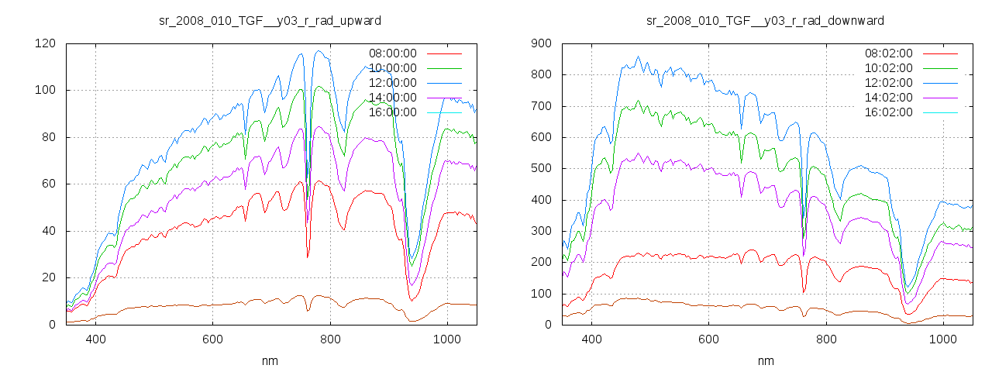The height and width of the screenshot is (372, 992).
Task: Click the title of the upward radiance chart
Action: (269, 20)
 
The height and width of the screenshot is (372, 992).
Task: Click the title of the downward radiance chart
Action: (765, 20)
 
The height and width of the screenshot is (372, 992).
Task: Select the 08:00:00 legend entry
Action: (393, 53)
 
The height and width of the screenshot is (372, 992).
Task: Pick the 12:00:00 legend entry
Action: (393, 83)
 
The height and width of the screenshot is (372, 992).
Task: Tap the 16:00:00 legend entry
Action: (393, 112)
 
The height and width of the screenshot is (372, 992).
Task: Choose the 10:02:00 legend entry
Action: (889, 68)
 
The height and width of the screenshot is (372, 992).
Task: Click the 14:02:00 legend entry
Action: (889, 98)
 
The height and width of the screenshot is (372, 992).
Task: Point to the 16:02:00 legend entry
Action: (889, 112)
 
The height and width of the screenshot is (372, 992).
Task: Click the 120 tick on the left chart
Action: (45, 43)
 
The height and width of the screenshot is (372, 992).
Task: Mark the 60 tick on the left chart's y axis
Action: (48, 184)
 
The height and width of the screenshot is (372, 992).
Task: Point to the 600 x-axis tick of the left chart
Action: (213, 339)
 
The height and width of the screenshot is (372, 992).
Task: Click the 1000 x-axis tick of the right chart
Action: (943, 339)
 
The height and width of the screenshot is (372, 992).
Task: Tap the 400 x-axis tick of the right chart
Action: (592, 339)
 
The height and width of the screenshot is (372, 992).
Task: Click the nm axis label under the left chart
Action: (270, 361)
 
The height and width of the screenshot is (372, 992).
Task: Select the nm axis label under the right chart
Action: (766, 361)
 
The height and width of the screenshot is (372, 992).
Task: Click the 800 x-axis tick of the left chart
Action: (330, 339)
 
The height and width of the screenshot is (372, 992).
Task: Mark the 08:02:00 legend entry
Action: (889, 53)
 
